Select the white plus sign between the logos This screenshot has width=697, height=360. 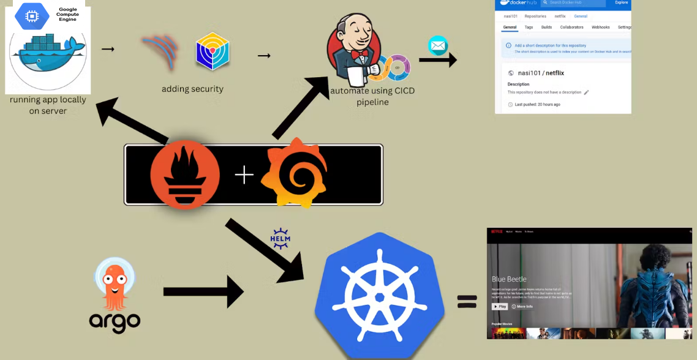click(x=244, y=176)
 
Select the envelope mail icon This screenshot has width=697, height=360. click(x=438, y=45)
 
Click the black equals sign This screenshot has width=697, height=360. click(x=467, y=301)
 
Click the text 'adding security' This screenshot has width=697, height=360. click(x=192, y=89)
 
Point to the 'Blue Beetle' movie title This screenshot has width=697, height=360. click(x=509, y=279)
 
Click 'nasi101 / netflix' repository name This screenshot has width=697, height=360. click(x=541, y=72)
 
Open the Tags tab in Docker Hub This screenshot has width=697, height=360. click(x=529, y=27)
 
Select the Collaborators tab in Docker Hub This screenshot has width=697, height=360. click(x=571, y=27)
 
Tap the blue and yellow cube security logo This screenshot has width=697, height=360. click(x=212, y=51)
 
